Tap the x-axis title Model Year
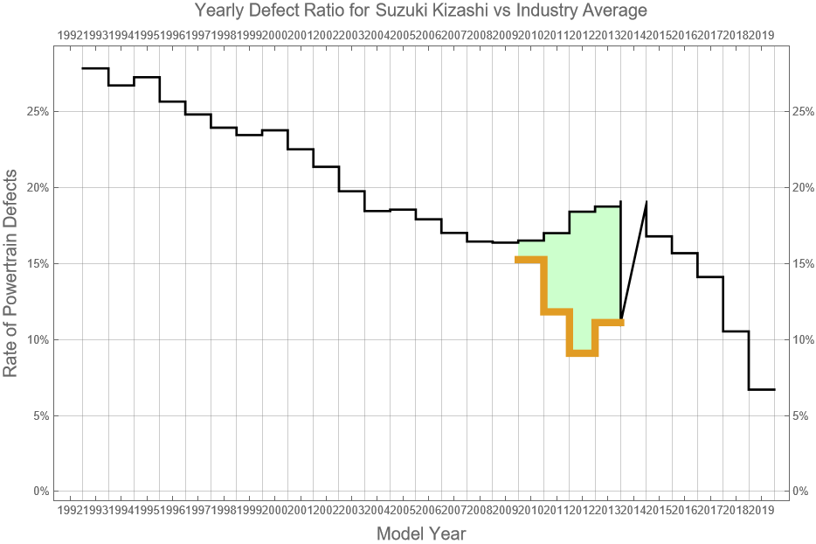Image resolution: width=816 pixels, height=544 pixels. coord(420,533)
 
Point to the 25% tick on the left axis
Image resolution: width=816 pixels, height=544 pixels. coord(37,112)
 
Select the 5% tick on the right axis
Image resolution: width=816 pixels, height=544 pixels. coord(802,415)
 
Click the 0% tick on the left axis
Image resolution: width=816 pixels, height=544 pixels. coord(39,492)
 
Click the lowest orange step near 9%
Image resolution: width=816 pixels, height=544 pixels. coord(582,353)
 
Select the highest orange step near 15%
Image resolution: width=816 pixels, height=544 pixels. coord(531,259)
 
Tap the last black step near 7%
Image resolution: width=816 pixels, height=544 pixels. coord(761,389)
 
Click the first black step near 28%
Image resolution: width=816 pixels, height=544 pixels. coord(95,68)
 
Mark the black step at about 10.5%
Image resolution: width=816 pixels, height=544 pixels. coord(736,331)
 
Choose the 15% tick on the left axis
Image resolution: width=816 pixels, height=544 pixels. coord(37,264)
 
